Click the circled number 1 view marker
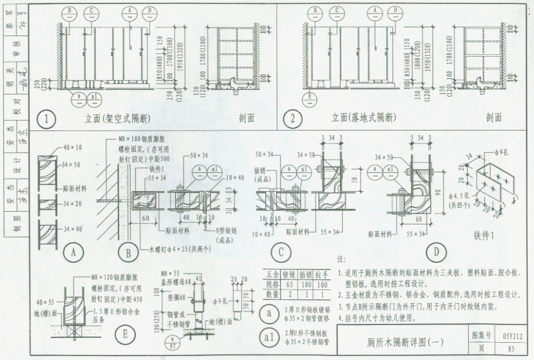[45, 119]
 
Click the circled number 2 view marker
[294, 119]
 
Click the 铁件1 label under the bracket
[484, 235]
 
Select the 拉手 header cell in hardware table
[323, 275]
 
